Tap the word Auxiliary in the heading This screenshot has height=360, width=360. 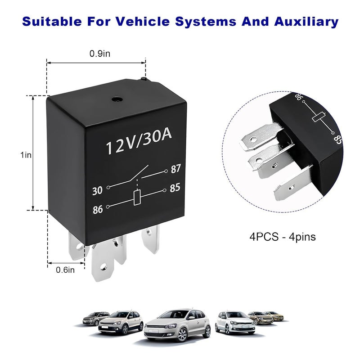[x=306, y=22]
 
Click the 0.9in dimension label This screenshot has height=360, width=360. [x=99, y=54]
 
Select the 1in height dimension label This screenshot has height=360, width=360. [x=26, y=155]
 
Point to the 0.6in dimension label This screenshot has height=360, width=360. [x=65, y=270]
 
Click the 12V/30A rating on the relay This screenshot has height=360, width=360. [x=139, y=142]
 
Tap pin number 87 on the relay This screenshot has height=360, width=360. [x=176, y=169]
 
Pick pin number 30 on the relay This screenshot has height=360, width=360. [x=97, y=190]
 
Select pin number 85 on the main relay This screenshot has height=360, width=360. [x=175, y=188]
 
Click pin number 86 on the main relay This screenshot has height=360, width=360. [x=98, y=209]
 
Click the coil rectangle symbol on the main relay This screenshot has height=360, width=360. [x=137, y=198]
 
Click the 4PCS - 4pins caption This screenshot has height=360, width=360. [x=283, y=237]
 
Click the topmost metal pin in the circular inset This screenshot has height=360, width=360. [x=262, y=137]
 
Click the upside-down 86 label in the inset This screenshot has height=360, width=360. [x=300, y=97]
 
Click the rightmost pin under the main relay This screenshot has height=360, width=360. [x=150, y=239]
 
